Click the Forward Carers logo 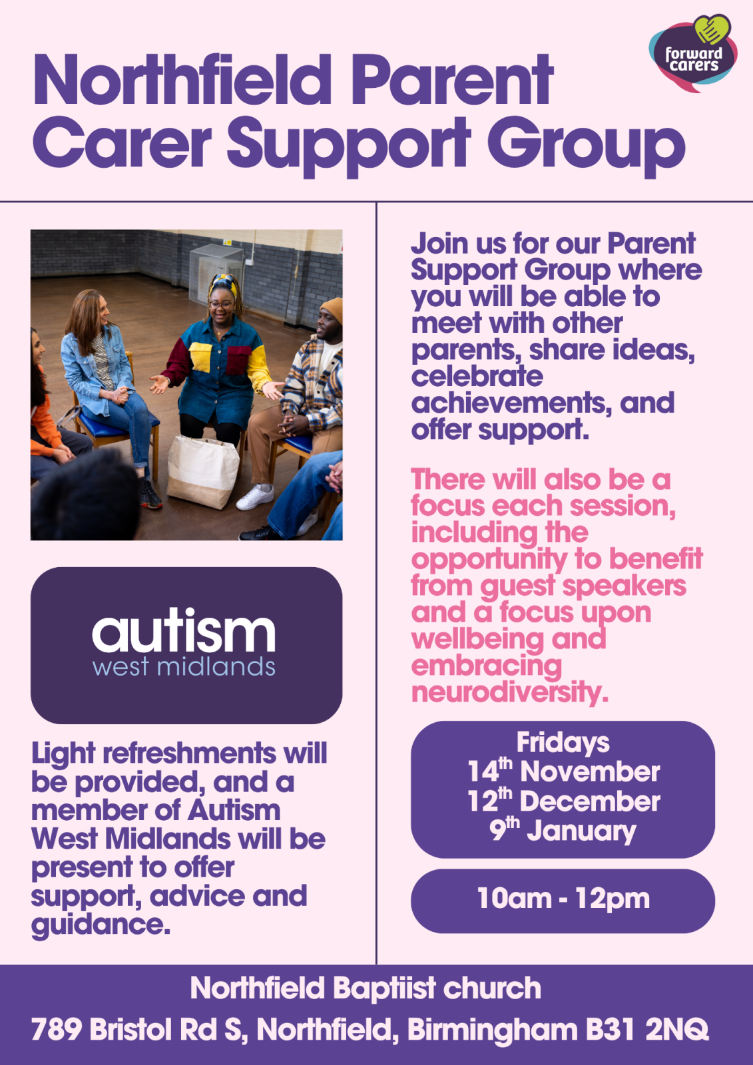(x=693, y=53)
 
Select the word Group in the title (x=586, y=146)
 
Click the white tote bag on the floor (x=202, y=471)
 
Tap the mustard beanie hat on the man (x=332, y=309)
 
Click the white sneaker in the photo (x=255, y=497)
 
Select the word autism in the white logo (x=184, y=629)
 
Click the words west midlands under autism (x=184, y=666)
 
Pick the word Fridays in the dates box (x=563, y=744)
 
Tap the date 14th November (x=564, y=771)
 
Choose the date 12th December (x=564, y=801)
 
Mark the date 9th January (x=563, y=831)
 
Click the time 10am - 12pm (x=563, y=899)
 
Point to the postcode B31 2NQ (x=647, y=1029)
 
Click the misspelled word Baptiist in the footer (x=384, y=988)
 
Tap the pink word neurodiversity (x=510, y=693)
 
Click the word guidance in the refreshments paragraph (x=101, y=925)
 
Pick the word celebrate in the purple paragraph (x=477, y=376)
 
